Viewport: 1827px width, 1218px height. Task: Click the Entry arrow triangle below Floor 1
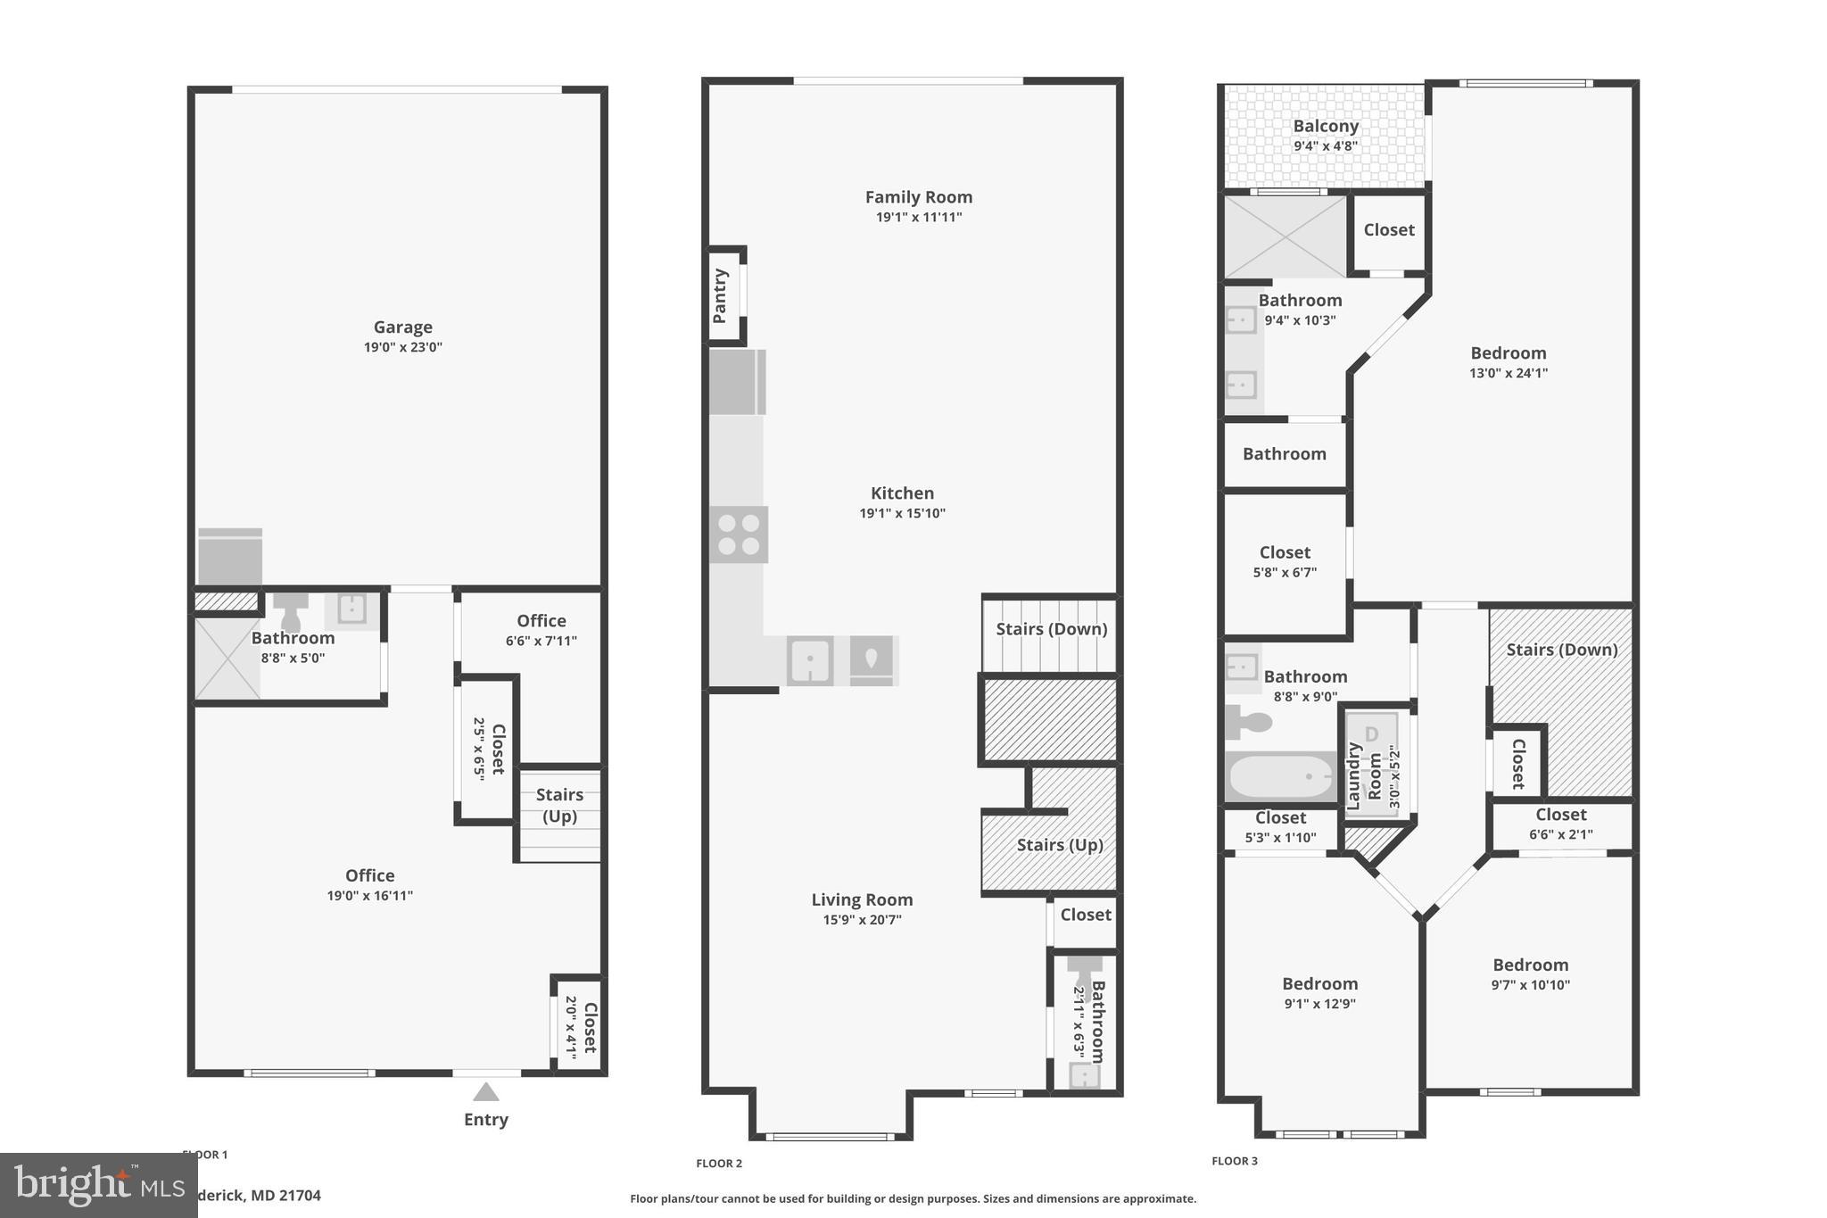pos(485,1092)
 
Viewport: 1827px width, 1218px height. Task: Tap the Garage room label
pos(402,327)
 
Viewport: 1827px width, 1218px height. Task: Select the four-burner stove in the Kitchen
pos(739,534)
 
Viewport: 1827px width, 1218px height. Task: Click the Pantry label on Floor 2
pos(721,296)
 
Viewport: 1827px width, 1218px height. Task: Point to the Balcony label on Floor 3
pos(1326,127)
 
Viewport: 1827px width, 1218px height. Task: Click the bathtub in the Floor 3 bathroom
pos(1281,776)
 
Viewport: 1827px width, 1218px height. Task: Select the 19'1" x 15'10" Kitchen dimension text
pos(902,513)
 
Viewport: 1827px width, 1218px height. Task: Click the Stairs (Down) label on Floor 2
pos(1051,629)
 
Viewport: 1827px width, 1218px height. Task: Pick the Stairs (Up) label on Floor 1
pos(559,805)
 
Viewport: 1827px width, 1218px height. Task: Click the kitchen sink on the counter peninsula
pos(810,660)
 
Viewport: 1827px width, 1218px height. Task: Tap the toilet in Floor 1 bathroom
pos(290,610)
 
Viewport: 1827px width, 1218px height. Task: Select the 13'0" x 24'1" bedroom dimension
pos(1508,373)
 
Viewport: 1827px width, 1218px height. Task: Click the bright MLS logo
pos(98,1184)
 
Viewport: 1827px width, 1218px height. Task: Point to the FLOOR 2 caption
pos(719,1164)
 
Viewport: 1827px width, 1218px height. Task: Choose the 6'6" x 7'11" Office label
pos(541,621)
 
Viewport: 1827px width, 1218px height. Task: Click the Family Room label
pos(918,197)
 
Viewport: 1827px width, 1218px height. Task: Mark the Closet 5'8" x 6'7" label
pos(1285,552)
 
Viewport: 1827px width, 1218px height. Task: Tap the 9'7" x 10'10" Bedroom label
pos(1530,965)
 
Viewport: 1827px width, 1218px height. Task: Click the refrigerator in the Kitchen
pos(737,382)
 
